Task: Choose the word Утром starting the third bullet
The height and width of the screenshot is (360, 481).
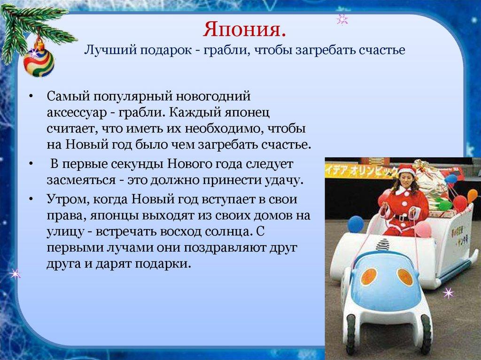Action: (x=63, y=199)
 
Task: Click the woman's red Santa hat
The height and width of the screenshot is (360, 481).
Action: (x=406, y=169)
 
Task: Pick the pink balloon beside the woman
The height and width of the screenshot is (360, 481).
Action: (x=423, y=229)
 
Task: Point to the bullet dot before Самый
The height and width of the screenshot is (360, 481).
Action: (x=31, y=97)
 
